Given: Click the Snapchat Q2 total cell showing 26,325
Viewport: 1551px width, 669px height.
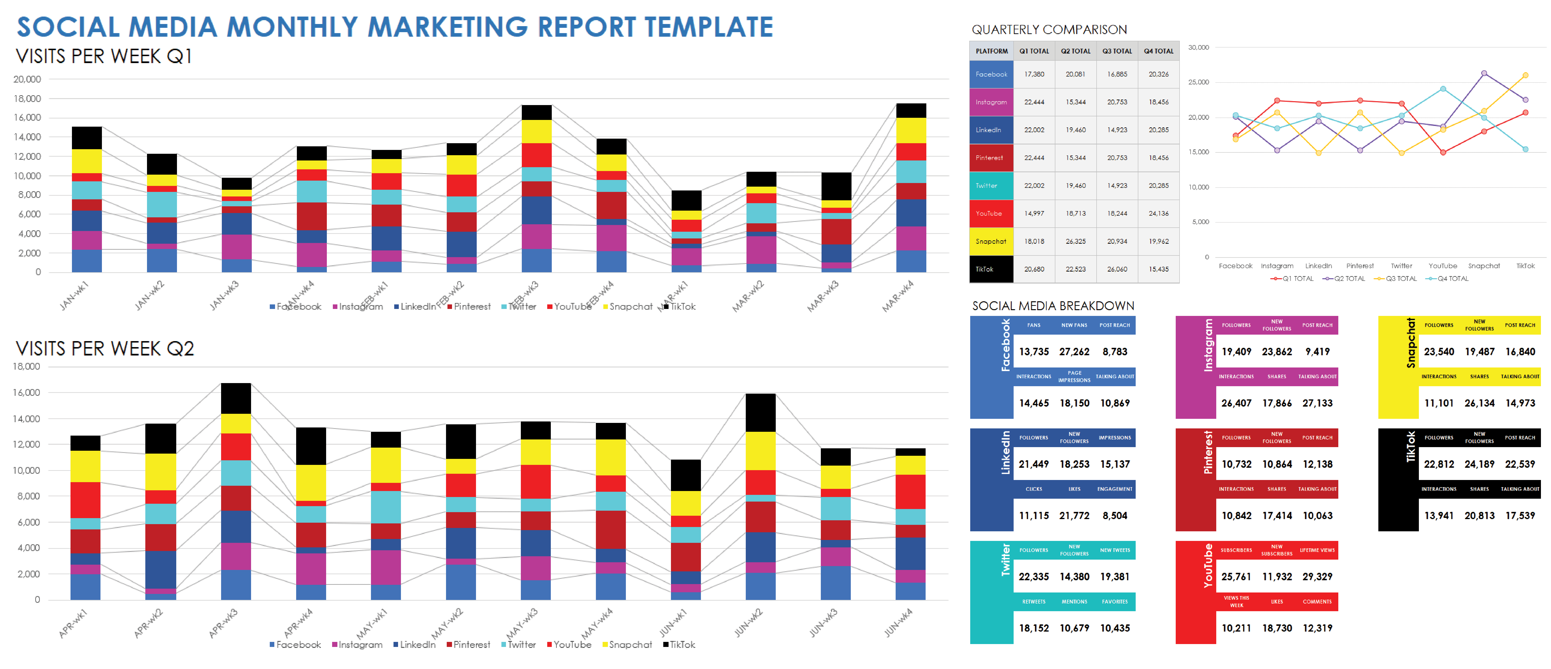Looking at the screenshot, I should pyautogui.click(x=1075, y=242).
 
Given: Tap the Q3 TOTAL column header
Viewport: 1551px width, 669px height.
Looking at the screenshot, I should pyautogui.click(x=1117, y=51).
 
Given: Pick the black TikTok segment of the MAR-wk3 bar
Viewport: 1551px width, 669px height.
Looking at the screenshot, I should pyautogui.click(x=836, y=186).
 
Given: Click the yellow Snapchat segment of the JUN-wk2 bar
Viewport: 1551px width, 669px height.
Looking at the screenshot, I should pyautogui.click(x=760, y=450).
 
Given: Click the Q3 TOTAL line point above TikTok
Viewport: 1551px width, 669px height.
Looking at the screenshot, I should pyautogui.click(x=1525, y=75).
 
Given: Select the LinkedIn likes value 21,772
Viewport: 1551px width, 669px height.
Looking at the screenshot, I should pyautogui.click(x=1074, y=516).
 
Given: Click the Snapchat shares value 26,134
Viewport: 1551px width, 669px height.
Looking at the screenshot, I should pyautogui.click(x=1479, y=403).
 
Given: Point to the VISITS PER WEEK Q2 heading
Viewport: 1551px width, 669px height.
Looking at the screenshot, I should pyautogui.click(x=105, y=349).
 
